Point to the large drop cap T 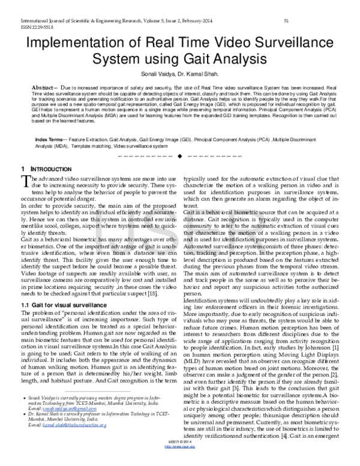pos(25,182)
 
